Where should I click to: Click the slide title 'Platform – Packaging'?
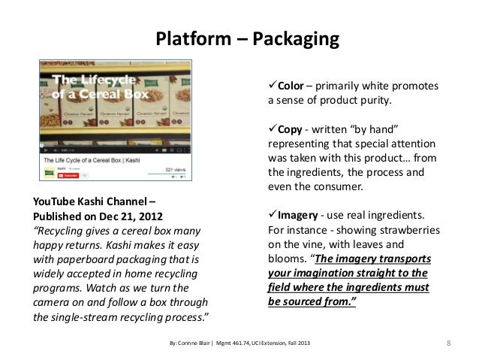pyautogui.click(x=248, y=38)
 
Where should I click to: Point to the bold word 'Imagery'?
pyautogui.click(x=300, y=216)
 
